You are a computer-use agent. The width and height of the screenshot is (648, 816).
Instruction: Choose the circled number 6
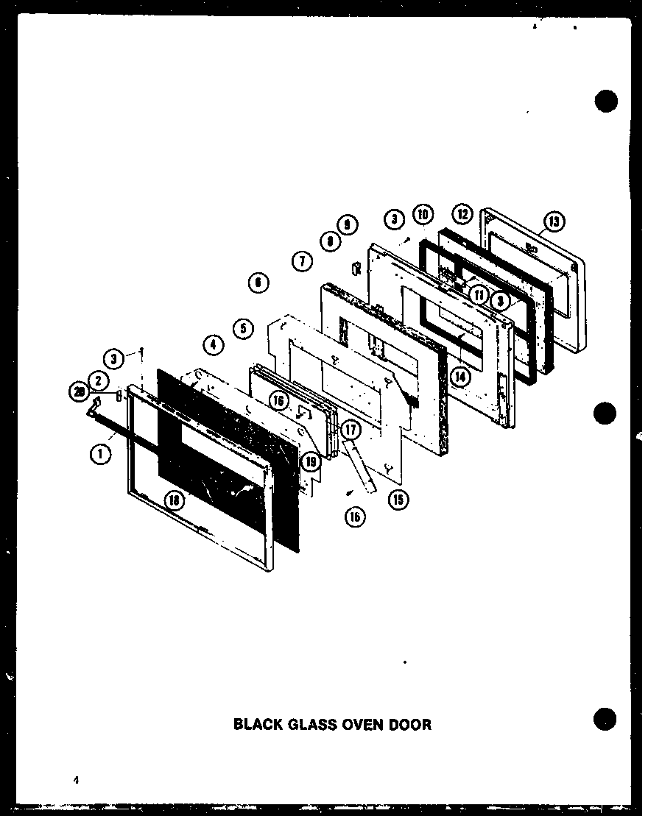pyautogui.click(x=258, y=282)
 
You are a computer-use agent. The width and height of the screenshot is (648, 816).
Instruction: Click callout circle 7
pyautogui.click(x=302, y=260)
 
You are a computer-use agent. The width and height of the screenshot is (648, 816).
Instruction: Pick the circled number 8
pyautogui.click(x=331, y=239)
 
